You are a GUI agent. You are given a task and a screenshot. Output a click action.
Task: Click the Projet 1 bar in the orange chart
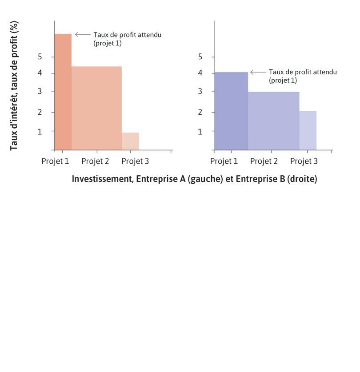point(63,92)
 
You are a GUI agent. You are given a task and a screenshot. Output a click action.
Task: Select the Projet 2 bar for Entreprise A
point(96,108)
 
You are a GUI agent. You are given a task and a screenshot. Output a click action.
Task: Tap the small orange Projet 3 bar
point(130,141)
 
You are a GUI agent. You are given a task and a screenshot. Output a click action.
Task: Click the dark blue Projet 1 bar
point(231,111)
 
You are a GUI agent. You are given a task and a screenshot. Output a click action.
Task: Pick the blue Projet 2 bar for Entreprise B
point(273,121)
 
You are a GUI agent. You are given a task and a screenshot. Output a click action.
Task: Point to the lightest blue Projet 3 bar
point(308,130)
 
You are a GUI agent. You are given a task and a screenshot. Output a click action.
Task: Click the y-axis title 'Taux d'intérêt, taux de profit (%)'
point(14,85)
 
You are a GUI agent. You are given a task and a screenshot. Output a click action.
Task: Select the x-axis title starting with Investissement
point(194,179)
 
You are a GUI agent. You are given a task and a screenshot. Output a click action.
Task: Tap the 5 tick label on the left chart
point(40,57)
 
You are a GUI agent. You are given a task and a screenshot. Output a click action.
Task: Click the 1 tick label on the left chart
point(40,132)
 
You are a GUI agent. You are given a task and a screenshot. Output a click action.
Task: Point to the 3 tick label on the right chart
point(200,92)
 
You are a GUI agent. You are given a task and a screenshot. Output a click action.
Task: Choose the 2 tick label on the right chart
point(200,112)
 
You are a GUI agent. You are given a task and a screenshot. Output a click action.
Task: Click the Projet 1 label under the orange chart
point(55,161)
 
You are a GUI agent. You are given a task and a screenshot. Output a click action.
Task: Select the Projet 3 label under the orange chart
point(135,161)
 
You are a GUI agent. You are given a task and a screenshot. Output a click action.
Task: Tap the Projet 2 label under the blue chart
point(264,161)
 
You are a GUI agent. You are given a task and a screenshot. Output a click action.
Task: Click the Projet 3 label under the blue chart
point(304,161)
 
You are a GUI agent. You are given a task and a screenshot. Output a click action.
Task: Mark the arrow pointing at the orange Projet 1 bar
point(83,34)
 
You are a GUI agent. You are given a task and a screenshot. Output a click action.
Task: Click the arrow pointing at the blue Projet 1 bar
point(258,72)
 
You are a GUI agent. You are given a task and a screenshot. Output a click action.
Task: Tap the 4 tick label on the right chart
point(200,73)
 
